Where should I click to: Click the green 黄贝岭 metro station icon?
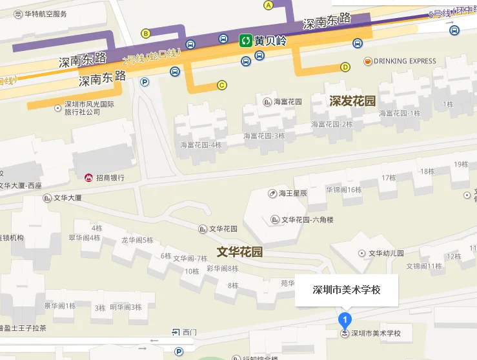tap(245, 41)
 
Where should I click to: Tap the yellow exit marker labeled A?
tap(269, 5)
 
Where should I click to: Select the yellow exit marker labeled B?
tap(146, 34)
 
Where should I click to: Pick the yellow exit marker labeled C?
tap(222, 85)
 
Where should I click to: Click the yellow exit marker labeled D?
tap(345, 66)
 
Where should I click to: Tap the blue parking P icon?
tap(145, 82)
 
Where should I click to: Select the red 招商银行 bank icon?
tap(89, 177)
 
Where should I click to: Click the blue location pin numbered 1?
tap(345, 319)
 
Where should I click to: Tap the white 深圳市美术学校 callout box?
tap(347, 290)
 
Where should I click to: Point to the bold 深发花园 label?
tap(352, 101)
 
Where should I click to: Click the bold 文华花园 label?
tap(239, 252)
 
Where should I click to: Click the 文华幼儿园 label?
tap(386, 253)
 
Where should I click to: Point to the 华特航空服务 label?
tap(45, 14)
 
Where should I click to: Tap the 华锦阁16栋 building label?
tap(345, 190)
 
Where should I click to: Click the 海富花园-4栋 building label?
tap(201, 144)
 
